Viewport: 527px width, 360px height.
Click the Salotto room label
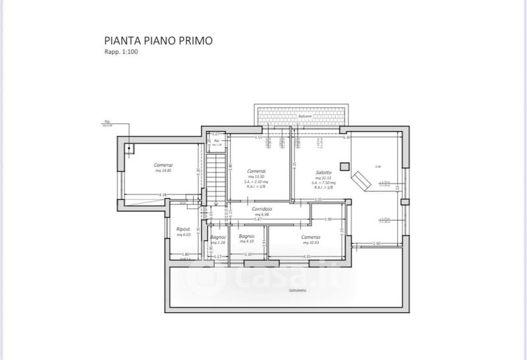point(325,173)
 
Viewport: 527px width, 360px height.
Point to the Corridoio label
point(262,208)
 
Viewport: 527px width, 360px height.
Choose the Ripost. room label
point(183,229)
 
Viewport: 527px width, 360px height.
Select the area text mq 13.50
point(257,177)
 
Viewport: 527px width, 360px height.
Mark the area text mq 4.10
point(246,242)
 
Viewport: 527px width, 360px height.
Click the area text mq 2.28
point(219,243)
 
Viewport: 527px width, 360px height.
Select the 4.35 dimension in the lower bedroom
point(307,256)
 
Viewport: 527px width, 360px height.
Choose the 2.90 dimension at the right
point(377,244)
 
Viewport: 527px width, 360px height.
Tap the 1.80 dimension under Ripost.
point(186,255)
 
